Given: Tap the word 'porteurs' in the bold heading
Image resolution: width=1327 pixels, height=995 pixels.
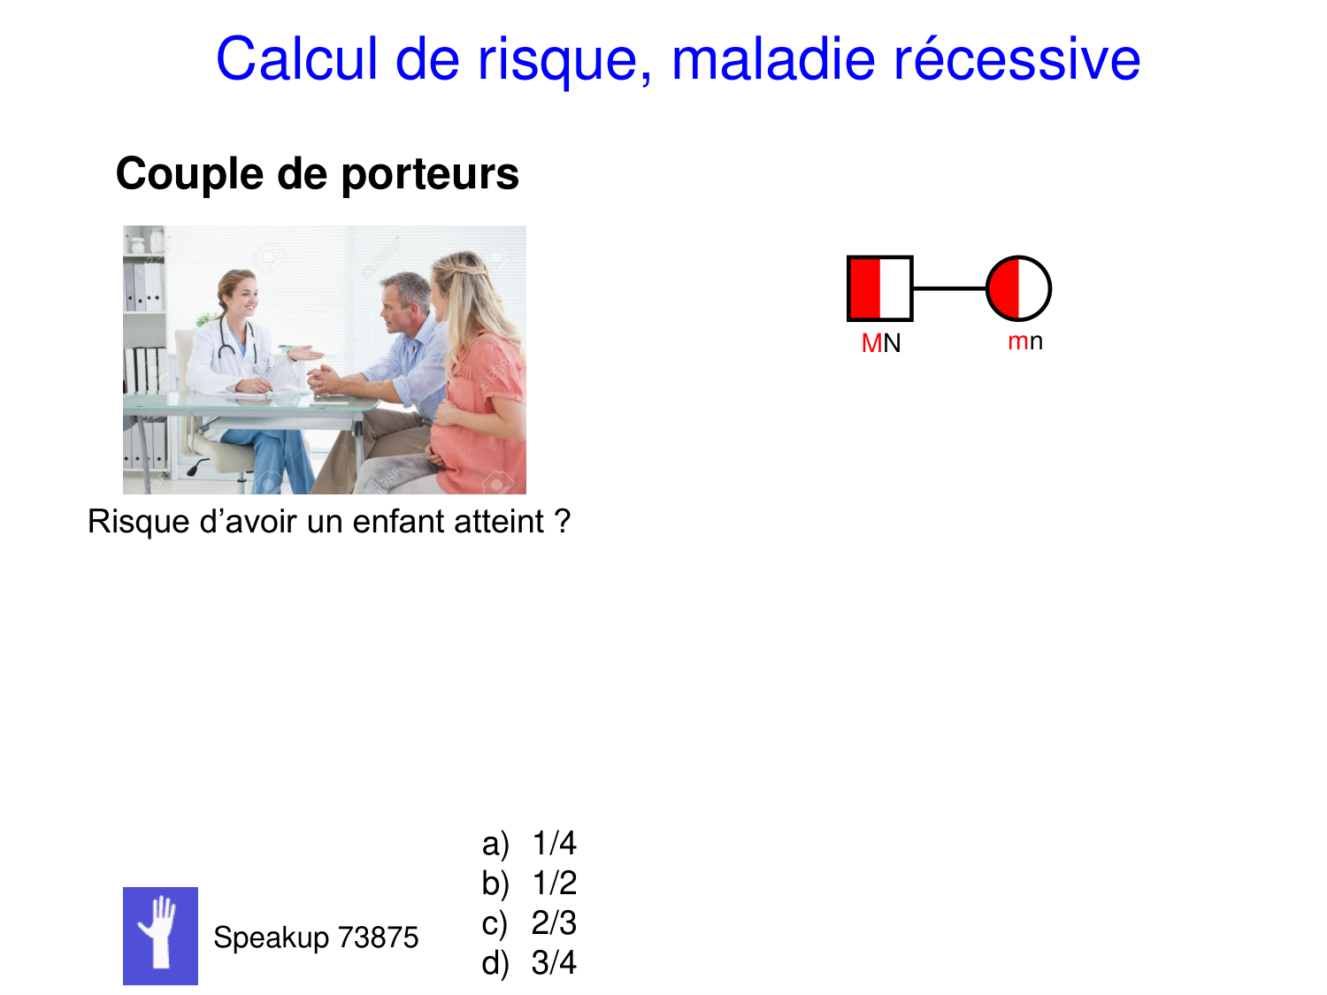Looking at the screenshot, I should (430, 173).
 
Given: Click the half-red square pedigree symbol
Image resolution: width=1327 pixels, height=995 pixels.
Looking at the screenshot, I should (879, 288).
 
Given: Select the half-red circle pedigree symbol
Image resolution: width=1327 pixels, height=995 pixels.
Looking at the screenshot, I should (1018, 288).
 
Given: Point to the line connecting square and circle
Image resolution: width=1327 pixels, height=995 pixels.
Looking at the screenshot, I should (949, 288).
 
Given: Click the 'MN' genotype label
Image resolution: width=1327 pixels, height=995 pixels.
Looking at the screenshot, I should (881, 343).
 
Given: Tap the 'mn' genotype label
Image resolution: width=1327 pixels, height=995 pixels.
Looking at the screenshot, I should (1025, 341).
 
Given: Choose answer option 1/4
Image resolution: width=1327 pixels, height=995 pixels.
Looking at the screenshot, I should (554, 844).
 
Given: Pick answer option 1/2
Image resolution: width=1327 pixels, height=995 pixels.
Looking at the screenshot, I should (554, 884).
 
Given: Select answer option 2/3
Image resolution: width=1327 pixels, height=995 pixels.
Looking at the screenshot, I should (554, 923).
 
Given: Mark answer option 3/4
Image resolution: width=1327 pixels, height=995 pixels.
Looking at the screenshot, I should (554, 963).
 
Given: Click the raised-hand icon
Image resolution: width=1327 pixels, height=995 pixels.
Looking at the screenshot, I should (160, 936).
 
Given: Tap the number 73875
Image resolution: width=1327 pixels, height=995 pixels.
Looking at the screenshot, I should (379, 938).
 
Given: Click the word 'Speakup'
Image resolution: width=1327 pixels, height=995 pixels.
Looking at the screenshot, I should (271, 938).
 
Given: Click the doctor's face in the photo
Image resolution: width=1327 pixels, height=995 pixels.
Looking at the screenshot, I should (242, 296).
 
